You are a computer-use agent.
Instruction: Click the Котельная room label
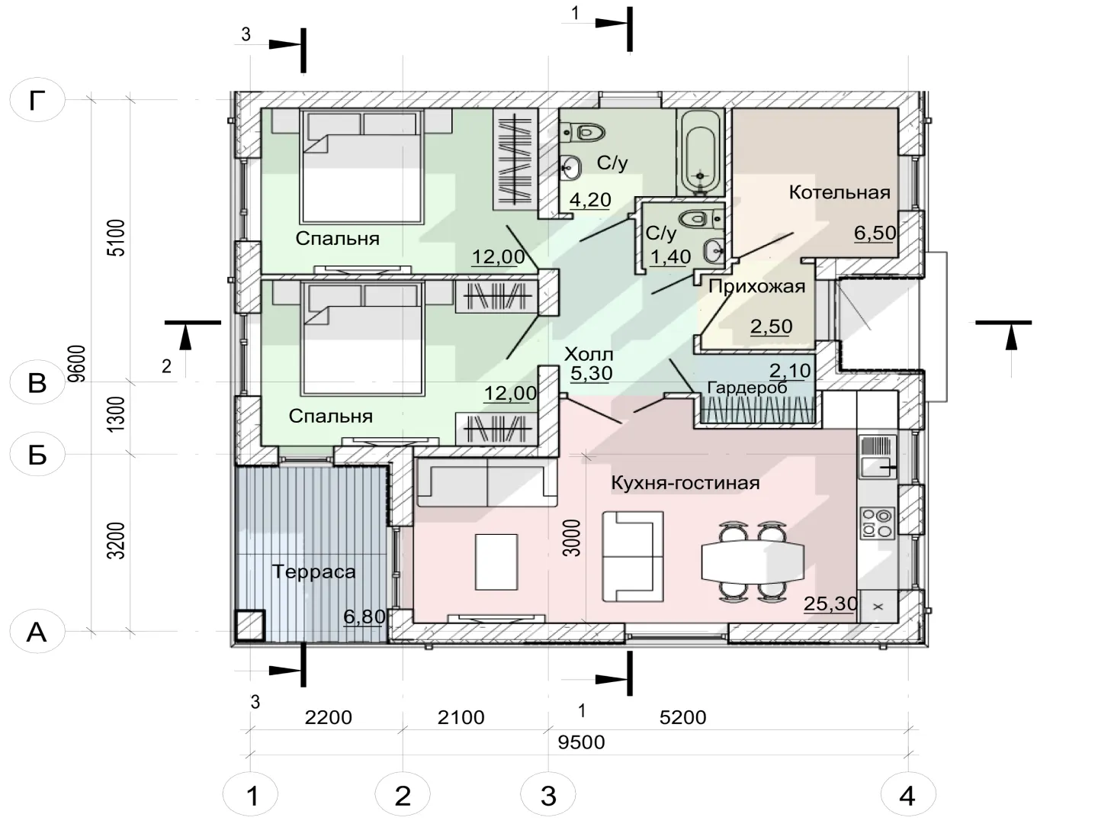coord(840,192)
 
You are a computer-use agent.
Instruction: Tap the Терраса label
coord(313,572)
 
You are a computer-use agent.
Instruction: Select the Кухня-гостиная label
coord(685,483)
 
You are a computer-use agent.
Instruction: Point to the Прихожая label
coord(757,287)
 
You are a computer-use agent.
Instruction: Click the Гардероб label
coord(747,388)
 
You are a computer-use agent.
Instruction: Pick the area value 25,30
coord(830,604)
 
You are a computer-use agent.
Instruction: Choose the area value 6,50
coord(875,233)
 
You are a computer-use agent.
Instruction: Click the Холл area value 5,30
coord(591,373)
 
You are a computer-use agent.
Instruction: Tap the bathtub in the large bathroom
coord(700,153)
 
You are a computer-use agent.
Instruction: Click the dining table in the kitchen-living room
coord(753,561)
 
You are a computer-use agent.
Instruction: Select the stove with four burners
coord(878,523)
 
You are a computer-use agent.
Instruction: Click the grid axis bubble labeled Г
coord(37,100)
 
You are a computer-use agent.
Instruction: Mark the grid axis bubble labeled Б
coord(37,454)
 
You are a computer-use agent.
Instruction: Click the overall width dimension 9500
coord(581,742)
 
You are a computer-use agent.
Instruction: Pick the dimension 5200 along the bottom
coord(682,717)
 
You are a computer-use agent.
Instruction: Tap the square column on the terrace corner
coord(249,626)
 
